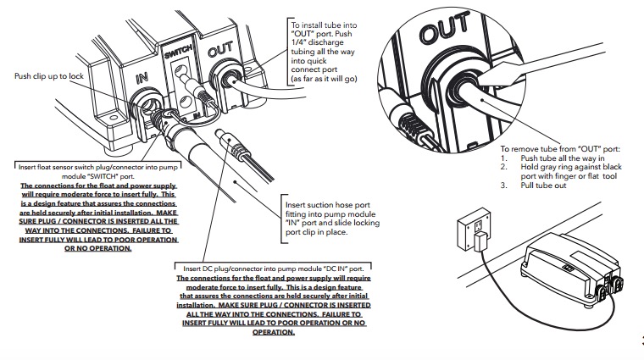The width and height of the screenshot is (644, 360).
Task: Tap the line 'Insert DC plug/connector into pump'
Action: point(270,269)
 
